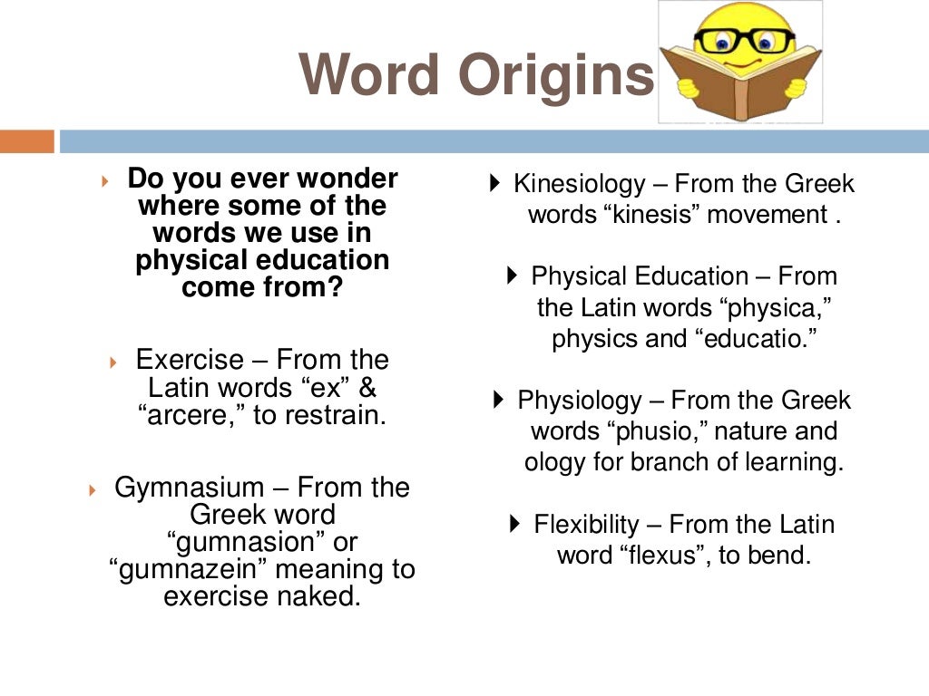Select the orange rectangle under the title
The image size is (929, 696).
pyautogui.click(x=27, y=141)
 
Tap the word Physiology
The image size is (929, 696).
pyautogui.click(x=579, y=400)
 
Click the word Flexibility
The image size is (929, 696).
pyautogui.click(x=586, y=524)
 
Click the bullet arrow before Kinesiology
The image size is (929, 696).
pyautogui.click(x=494, y=183)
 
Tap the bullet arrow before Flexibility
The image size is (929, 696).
pyautogui.click(x=515, y=523)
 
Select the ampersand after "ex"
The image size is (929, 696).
pyautogui.click(x=367, y=388)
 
